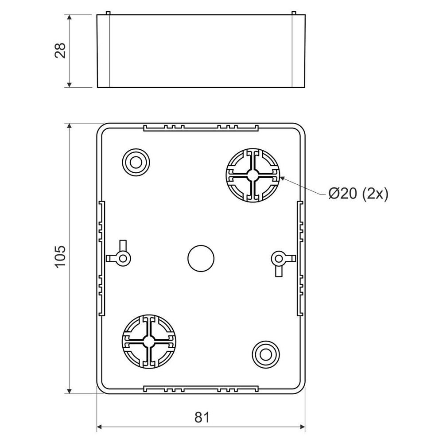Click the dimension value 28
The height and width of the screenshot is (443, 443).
(x=60, y=51)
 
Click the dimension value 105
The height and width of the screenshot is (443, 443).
(x=60, y=256)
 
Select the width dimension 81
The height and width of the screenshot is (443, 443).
(x=202, y=417)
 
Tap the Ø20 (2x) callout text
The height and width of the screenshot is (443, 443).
(x=358, y=194)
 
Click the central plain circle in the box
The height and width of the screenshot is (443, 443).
(x=201, y=258)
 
